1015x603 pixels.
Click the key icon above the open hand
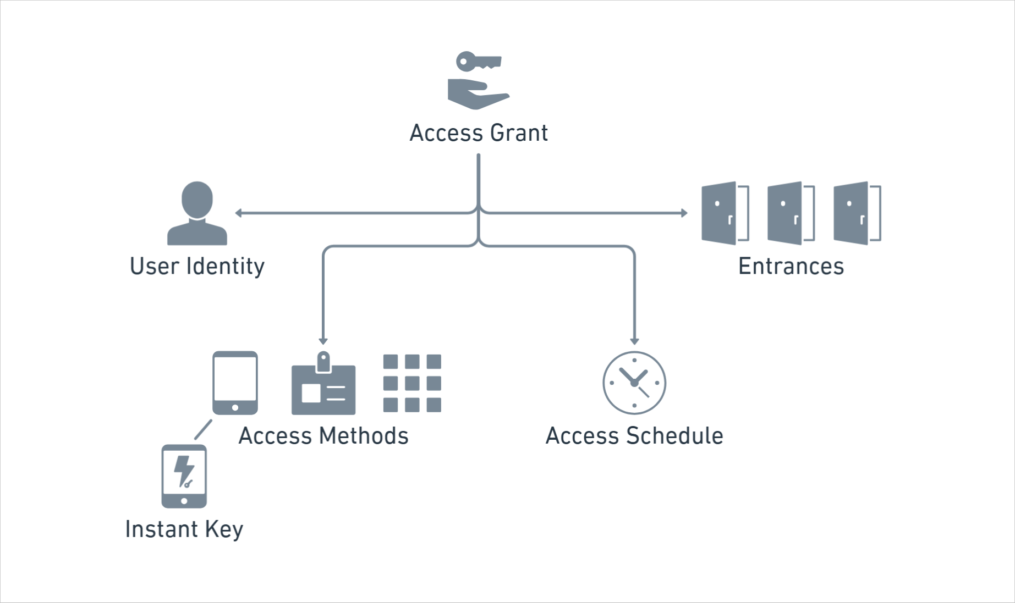[x=478, y=61]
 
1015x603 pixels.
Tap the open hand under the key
[x=476, y=95]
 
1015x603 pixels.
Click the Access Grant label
[x=479, y=133]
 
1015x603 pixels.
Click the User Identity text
[x=197, y=267]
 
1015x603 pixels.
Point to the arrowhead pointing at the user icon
[x=239, y=213]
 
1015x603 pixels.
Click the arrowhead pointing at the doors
[x=684, y=213]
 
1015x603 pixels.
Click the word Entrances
[x=791, y=267]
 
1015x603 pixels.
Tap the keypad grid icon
[x=412, y=383]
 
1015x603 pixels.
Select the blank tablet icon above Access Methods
[x=235, y=383]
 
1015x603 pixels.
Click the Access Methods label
[x=323, y=436]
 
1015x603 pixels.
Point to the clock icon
[x=634, y=383]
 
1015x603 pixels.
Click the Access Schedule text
[x=634, y=436]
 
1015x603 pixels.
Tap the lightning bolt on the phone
[x=184, y=471]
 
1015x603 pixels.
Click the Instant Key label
[x=184, y=529]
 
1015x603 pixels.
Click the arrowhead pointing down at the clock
[x=634, y=341]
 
